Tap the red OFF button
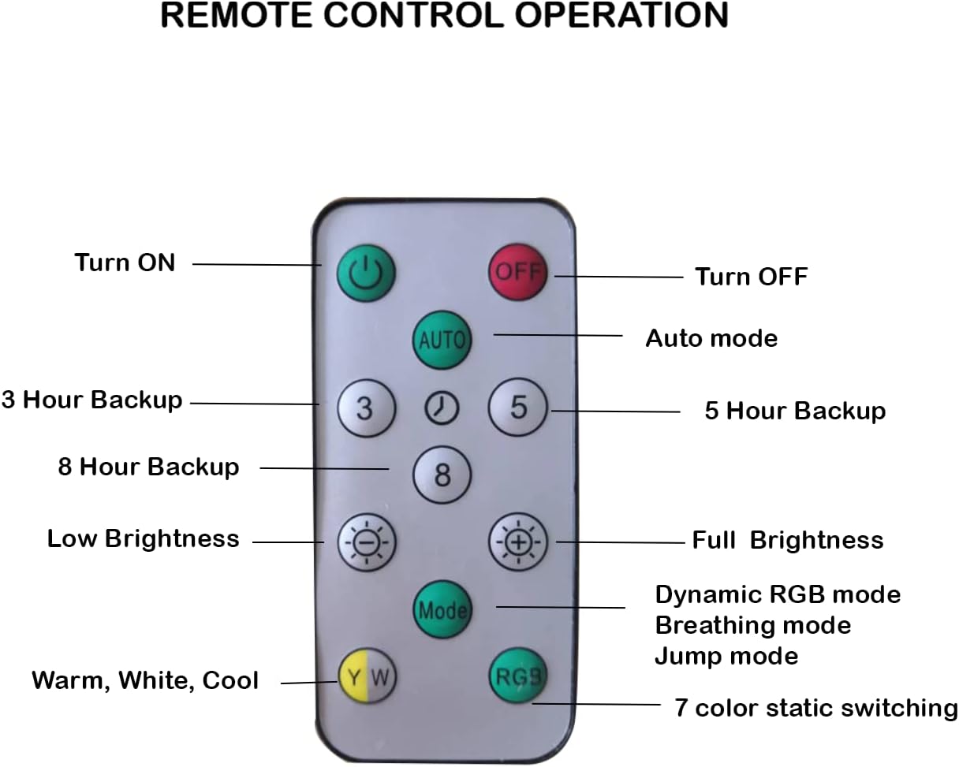click(517, 272)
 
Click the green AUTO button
click(442, 341)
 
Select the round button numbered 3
click(364, 408)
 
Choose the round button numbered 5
click(517, 408)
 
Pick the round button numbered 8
click(442, 475)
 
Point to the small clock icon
click(442, 408)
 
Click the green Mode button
click(442, 609)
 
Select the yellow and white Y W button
click(368, 676)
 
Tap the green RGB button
click(517, 676)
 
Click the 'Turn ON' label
click(125, 262)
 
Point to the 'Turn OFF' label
click(751, 277)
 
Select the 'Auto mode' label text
click(711, 338)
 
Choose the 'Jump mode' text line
click(726, 656)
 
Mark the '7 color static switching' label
click(815, 707)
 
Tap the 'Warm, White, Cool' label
click(145, 680)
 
